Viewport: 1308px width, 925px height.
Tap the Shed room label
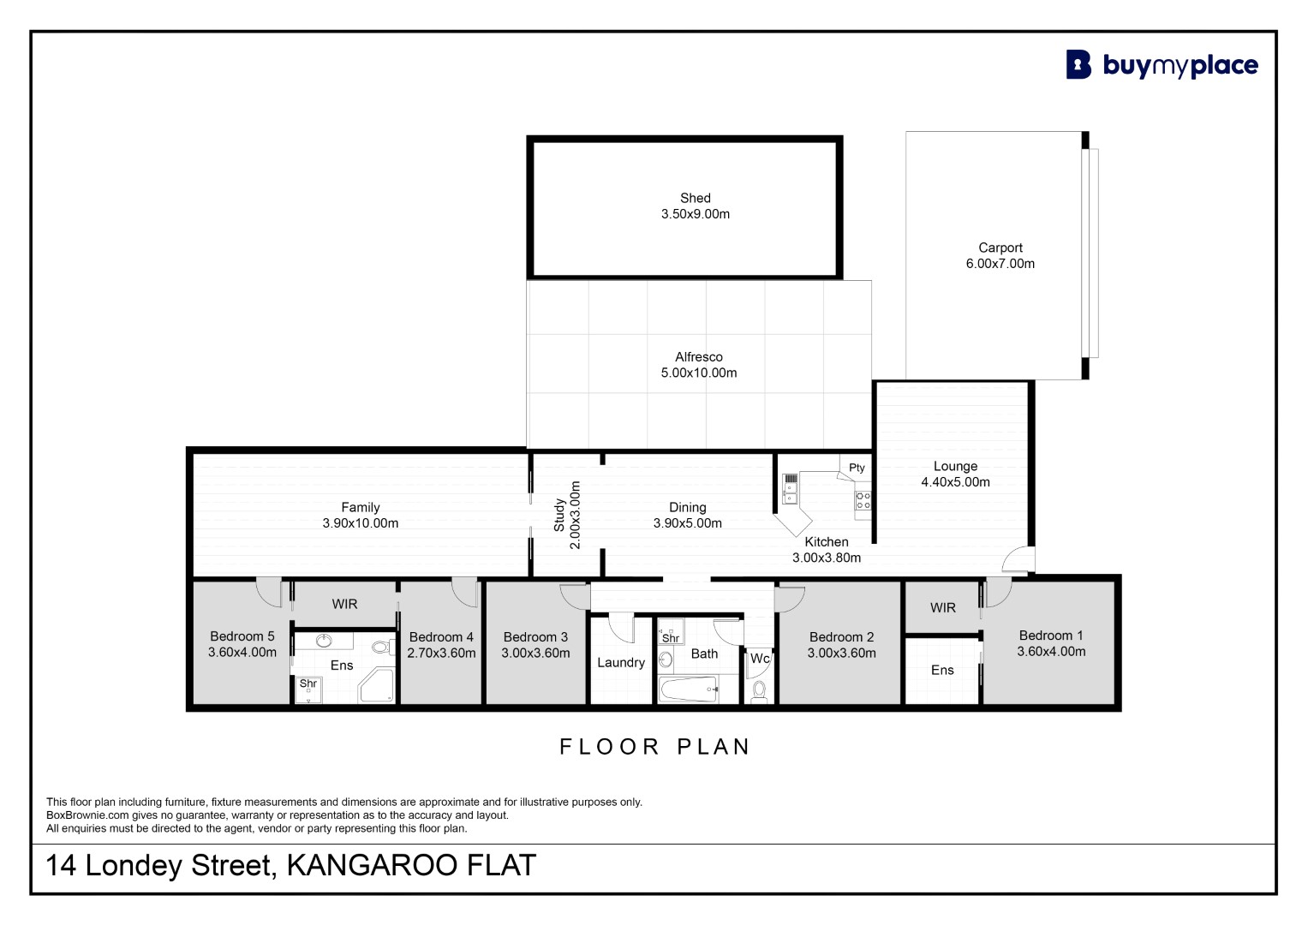695,198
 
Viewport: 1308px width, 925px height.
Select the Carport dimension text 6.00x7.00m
1000,264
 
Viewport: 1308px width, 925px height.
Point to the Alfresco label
698,357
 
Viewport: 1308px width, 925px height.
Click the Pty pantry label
857,468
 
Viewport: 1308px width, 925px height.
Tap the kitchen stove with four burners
863,500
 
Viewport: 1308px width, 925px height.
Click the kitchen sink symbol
790,489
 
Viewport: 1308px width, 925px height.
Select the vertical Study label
558,515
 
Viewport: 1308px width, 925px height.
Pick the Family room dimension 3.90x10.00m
361,523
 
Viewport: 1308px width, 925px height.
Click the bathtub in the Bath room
689,689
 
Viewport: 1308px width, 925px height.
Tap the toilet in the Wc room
759,692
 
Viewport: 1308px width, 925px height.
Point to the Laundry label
621,663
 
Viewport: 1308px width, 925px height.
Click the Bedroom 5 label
242,636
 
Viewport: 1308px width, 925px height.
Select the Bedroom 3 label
535,637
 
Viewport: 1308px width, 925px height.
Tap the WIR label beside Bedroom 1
942,608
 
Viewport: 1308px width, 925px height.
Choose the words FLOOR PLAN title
654,747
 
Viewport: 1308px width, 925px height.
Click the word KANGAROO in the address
372,865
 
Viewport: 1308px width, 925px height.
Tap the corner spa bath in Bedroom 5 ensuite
377,685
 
